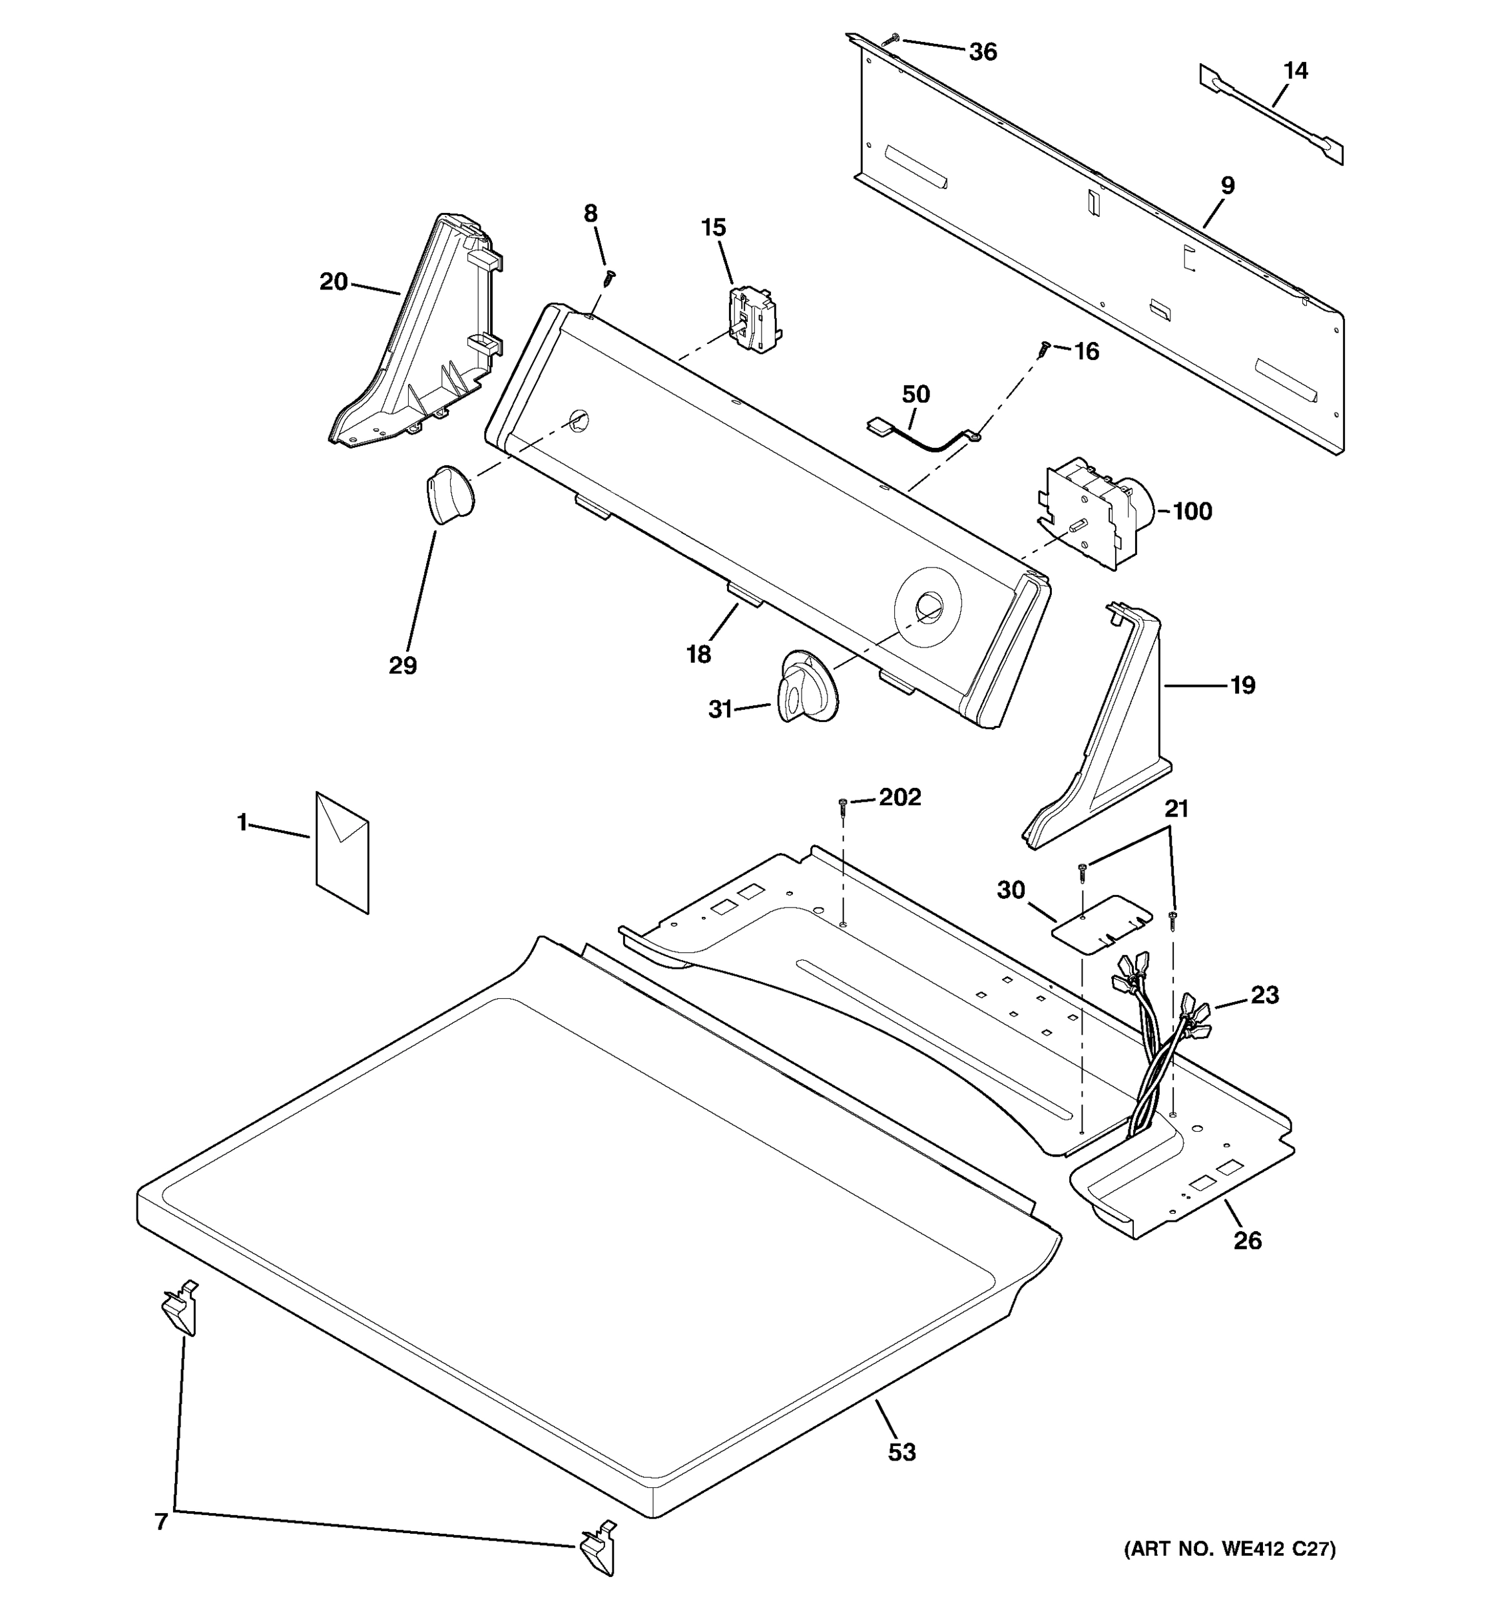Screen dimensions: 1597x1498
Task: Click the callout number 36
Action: [982, 52]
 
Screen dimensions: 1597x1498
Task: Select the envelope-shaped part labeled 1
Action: [342, 852]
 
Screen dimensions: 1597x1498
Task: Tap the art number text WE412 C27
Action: [1229, 1571]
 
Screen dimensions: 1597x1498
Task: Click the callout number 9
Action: [1227, 186]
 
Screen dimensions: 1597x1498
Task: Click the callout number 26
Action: [1247, 1240]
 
